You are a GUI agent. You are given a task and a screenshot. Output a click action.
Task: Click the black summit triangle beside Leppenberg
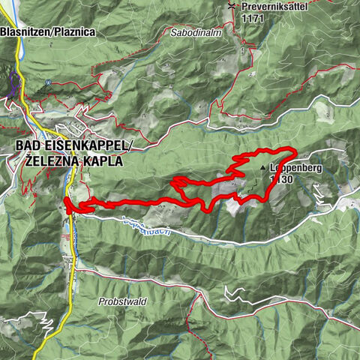tap(263, 169)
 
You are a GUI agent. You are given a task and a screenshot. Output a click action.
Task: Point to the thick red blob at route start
tap(68, 205)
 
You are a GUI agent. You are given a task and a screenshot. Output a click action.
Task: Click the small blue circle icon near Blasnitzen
tap(47, 82)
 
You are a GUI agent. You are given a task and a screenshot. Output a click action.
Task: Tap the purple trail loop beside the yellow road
tap(13, 86)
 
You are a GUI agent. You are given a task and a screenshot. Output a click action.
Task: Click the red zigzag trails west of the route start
tap(30, 187)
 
